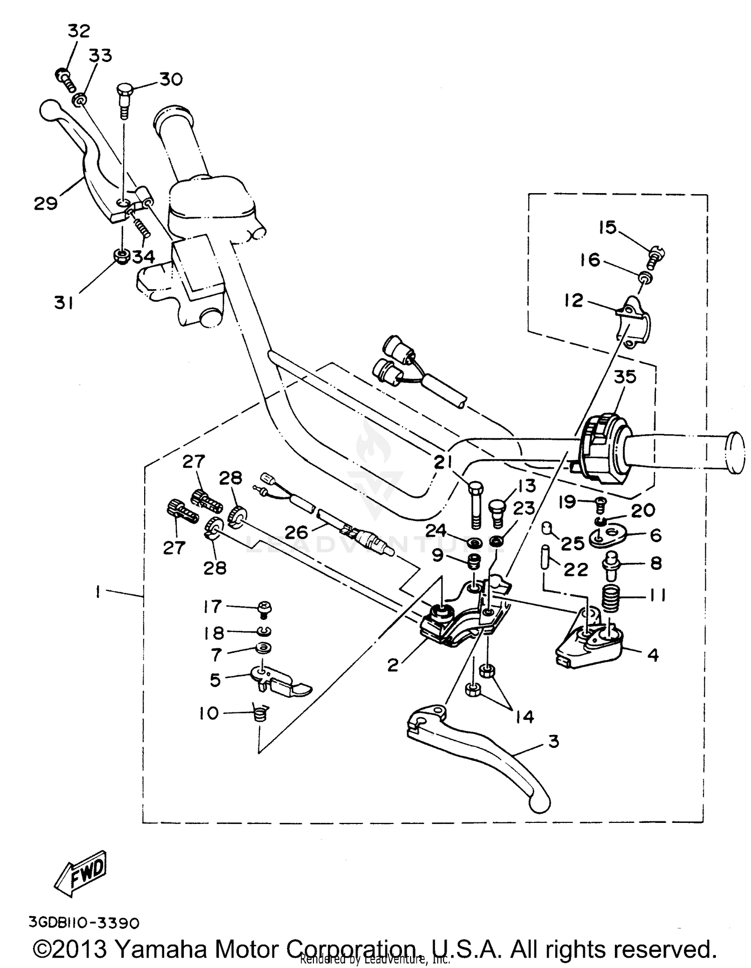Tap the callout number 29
[46, 204]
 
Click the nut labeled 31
[121, 257]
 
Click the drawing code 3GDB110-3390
[84, 922]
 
